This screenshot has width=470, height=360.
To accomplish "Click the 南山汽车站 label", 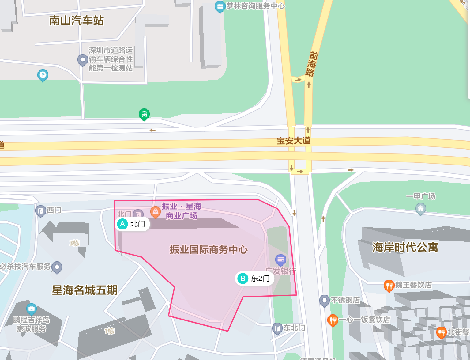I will click(x=77, y=21).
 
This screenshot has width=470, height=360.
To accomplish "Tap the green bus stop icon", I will click(x=144, y=114).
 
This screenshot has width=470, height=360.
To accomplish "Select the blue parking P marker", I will click(x=43, y=75).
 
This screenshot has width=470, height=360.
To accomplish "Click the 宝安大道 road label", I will click(x=293, y=141).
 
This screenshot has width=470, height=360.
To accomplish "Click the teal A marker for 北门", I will click(x=122, y=224).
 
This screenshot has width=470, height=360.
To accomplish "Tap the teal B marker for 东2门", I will click(x=243, y=279).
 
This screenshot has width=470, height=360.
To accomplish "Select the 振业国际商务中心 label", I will click(x=209, y=249).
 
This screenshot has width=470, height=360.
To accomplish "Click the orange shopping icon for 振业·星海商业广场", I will click(x=156, y=211).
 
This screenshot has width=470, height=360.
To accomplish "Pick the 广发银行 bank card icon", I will click(x=281, y=260).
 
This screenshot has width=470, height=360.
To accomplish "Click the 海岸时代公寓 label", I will click(x=405, y=247).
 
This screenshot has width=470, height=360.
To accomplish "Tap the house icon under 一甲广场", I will click(x=421, y=209).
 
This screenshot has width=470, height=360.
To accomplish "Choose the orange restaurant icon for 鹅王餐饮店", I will click(x=389, y=286).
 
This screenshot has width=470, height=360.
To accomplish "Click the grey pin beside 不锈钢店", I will click(x=324, y=300).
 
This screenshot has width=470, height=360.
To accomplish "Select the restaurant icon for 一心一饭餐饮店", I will click(x=333, y=320).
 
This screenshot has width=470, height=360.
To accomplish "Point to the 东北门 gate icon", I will click(x=277, y=329).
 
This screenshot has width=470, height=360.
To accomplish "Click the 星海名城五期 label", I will click(x=85, y=290).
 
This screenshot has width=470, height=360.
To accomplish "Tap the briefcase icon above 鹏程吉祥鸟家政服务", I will click(x=32, y=309).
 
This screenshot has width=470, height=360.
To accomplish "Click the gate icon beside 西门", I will click(x=40, y=211).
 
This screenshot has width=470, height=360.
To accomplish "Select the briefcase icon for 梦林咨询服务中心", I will click(x=220, y=6).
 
